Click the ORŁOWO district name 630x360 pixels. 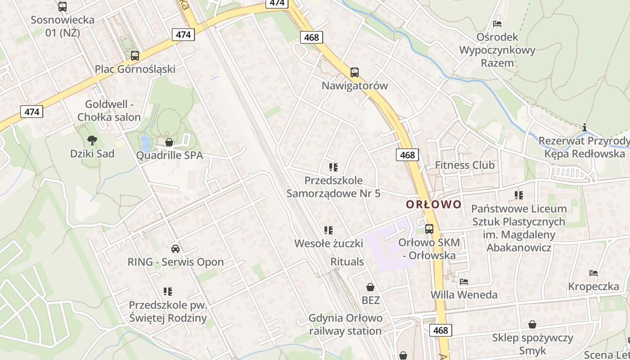click(434, 204)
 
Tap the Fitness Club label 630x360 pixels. click(464, 165)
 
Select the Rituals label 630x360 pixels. click(347, 261)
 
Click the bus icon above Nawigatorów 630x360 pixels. click(355, 72)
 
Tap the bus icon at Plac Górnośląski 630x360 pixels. click(135, 56)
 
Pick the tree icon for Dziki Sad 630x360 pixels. click(92, 140)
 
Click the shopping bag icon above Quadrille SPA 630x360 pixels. click(169, 142)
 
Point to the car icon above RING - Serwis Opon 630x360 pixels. click(175, 248)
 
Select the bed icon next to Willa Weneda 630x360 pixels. click(464, 282)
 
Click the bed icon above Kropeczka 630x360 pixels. click(594, 273)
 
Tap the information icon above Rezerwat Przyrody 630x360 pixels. click(585, 127)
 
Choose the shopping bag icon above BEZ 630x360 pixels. click(370, 287)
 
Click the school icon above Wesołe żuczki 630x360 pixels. click(328, 230)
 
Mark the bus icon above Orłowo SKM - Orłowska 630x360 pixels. click(429, 229)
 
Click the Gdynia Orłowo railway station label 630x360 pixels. click(345, 324)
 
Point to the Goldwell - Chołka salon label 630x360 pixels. click(109, 111)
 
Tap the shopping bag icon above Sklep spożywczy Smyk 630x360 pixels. click(532, 324)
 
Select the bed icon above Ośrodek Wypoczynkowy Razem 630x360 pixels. click(497, 23)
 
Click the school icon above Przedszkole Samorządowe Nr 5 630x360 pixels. click(333, 167)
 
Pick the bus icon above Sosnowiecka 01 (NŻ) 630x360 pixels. click(63, 7)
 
